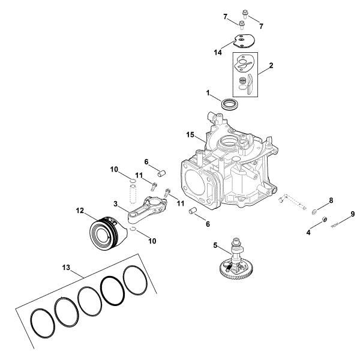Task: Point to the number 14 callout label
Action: pyautogui.click(x=218, y=53)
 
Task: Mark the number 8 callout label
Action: pyautogui.click(x=330, y=200)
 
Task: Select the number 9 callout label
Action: pyautogui.click(x=353, y=214)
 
